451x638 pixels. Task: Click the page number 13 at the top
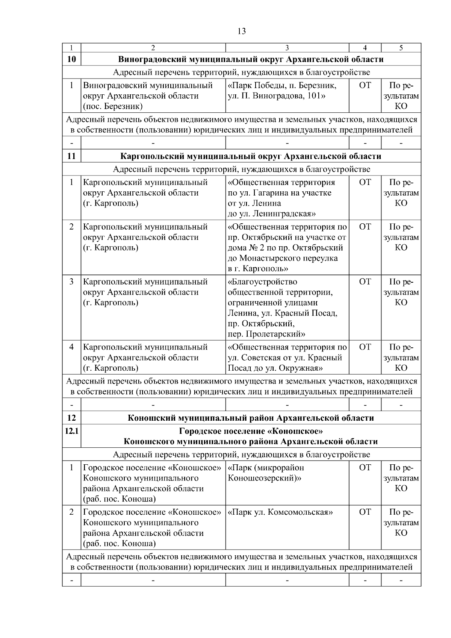pos(242,31)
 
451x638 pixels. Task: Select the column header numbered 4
pos(365,48)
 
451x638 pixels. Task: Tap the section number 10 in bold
pos(71,59)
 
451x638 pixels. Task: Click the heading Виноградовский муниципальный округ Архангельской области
pos(251,59)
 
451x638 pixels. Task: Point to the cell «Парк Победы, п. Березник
pos(282,91)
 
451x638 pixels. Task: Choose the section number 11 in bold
pos(71,156)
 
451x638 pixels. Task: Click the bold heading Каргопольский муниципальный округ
pos(251,156)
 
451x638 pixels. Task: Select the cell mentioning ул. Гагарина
pos(282,198)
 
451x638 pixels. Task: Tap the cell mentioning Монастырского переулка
pos(287,247)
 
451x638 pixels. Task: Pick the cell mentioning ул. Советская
pos(287,357)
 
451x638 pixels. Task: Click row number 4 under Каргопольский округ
pos(71,347)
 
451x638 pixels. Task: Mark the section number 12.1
pos(71,431)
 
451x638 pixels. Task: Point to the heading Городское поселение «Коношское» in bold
pos(251,431)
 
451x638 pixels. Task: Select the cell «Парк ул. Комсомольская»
pos(281,512)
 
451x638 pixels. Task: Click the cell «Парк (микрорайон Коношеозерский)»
pos(266,473)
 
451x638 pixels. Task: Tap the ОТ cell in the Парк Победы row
pos(365,86)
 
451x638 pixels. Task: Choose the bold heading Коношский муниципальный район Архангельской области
pos(251,418)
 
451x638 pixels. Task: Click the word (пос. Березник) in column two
pos(113,106)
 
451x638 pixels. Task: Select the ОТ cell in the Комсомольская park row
pos(365,512)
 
